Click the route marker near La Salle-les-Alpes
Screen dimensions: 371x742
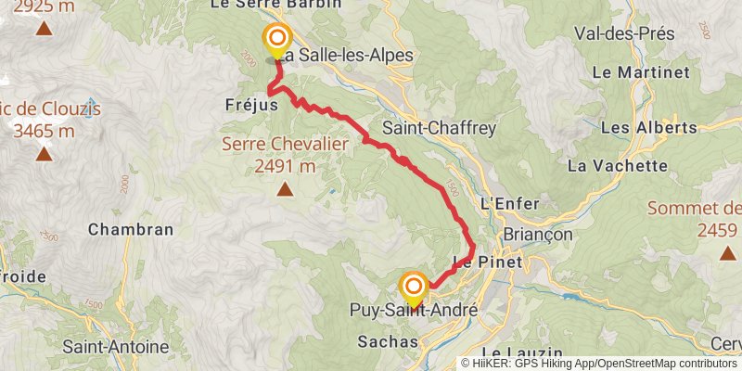tap(276, 40)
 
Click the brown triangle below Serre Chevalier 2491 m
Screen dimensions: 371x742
tap(284, 191)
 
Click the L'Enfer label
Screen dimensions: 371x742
tap(504, 202)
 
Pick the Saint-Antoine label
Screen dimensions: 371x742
tap(116, 347)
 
